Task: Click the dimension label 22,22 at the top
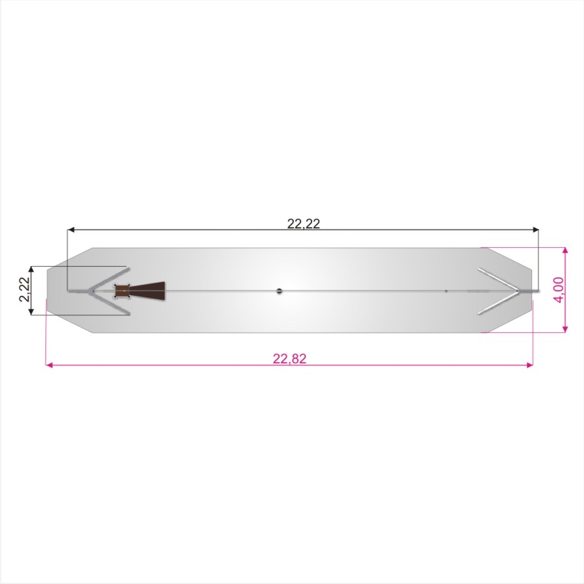click(x=304, y=223)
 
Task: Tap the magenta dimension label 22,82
click(x=290, y=358)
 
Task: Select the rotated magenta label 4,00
click(x=559, y=289)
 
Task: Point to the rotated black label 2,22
click(x=25, y=289)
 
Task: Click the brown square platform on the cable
click(x=122, y=291)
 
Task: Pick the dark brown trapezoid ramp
click(x=147, y=291)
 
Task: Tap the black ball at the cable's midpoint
click(x=279, y=291)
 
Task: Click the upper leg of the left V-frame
click(x=109, y=278)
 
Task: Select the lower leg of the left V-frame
click(x=109, y=302)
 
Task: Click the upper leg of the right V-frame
click(x=498, y=278)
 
